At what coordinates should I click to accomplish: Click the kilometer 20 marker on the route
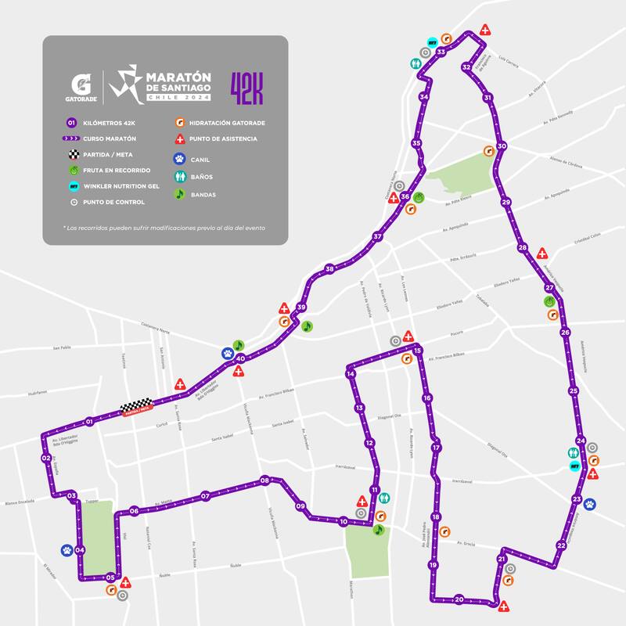(x=459, y=600)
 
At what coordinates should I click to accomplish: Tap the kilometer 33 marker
(x=441, y=52)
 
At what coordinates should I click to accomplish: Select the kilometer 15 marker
(x=419, y=351)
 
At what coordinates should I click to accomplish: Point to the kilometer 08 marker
(x=264, y=480)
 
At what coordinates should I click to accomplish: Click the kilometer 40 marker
(x=240, y=359)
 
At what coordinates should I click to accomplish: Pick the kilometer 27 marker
(x=550, y=288)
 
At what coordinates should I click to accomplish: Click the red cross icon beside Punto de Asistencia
(x=180, y=139)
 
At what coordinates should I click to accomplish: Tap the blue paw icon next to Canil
(x=180, y=158)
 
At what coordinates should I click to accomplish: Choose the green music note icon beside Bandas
(x=180, y=194)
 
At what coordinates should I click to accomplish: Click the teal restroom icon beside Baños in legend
(x=180, y=177)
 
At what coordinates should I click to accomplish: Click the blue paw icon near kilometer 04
(x=68, y=550)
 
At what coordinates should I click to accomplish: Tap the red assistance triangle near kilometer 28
(x=541, y=254)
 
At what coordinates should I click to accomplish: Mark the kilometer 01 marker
(x=89, y=422)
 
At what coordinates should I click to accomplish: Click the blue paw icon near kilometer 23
(x=589, y=505)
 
